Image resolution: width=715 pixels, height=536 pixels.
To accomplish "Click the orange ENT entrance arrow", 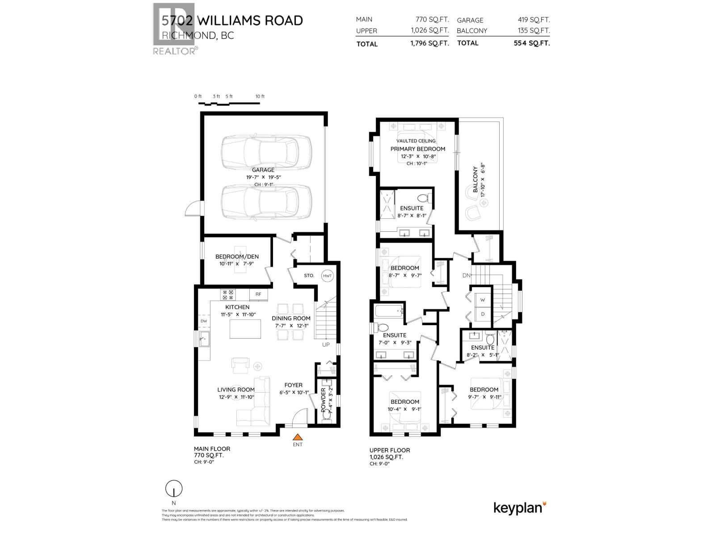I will click(298, 437).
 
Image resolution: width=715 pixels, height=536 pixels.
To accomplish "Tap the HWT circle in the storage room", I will click(327, 276).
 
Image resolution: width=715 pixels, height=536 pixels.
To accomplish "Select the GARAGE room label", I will click(263, 170).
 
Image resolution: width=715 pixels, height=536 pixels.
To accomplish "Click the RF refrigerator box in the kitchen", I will click(258, 294).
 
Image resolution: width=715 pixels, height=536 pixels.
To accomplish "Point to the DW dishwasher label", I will click(204, 321).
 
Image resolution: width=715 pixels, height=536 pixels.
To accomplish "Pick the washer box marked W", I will click(483, 300).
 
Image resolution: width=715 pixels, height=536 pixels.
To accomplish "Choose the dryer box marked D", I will click(483, 314).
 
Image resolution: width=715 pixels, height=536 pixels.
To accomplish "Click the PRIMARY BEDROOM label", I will click(418, 149).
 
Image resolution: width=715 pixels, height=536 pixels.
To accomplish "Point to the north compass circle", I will click(174, 489).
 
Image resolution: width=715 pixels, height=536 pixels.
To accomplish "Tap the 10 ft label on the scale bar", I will click(260, 96).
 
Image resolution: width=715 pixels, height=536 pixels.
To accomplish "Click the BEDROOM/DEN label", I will click(237, 256).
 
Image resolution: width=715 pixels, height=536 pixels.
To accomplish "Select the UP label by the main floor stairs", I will click(326, 345).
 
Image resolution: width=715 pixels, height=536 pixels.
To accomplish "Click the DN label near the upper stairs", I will click(466, 276).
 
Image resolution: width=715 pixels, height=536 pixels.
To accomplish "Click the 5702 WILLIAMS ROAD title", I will click(232, 21).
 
